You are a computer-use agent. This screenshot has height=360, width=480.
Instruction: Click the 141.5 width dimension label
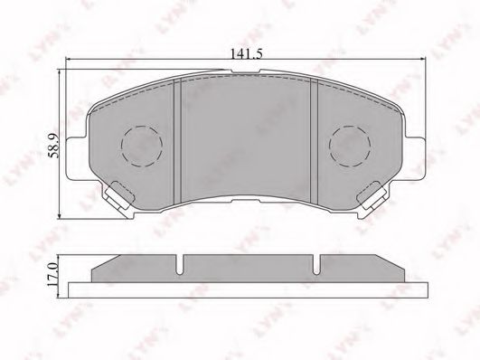coord(247,54)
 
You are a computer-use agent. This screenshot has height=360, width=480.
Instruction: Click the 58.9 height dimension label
coord(53,147)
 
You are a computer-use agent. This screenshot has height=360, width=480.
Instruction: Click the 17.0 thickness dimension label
coord(52,274)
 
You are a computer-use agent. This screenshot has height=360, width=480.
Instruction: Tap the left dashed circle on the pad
coord(142,147)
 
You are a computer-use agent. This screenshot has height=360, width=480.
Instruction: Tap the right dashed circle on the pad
coord(350,147)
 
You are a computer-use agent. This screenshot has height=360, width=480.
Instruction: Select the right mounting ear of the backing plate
coord(416,157)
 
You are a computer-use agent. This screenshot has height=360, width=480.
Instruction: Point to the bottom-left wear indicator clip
coord(118,195)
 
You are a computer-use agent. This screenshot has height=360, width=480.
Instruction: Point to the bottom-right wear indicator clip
coord(372,195)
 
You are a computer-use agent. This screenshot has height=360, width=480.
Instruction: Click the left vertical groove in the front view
coord(177,141)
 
